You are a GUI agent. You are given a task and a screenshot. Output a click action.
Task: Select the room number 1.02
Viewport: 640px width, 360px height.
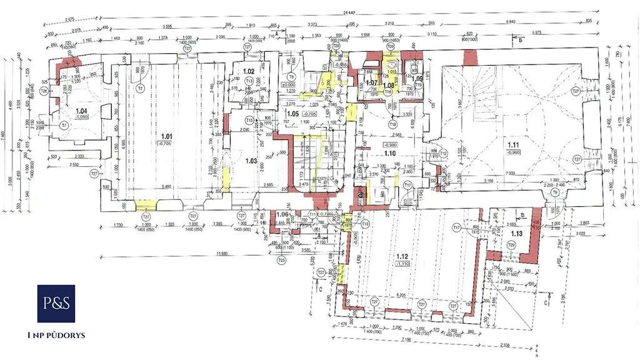coord(249,72)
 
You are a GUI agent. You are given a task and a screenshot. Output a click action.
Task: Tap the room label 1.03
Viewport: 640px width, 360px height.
coord(252,161)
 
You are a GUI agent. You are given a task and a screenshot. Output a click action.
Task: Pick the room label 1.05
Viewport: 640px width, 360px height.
coord(292,114)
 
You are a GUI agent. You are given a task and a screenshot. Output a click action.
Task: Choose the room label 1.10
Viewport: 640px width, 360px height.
coord(391,153)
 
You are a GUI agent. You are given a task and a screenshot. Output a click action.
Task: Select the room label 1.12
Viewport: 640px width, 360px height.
coord(402,257)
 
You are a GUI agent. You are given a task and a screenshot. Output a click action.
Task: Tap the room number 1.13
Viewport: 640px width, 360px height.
coord(517,234)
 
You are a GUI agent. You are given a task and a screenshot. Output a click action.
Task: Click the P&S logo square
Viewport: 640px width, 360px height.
coord(56,304)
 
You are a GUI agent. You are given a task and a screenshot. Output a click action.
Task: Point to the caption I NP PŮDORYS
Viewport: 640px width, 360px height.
coord(56,336)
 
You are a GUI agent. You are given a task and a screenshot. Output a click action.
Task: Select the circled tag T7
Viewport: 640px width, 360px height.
coord(63,125)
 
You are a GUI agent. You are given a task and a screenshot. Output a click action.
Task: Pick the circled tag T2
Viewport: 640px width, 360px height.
coord(140,89)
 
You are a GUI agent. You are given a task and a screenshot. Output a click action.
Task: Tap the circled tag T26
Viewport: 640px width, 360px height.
coord(44,91)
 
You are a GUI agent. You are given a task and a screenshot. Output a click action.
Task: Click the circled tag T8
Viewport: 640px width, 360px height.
coord(291,76)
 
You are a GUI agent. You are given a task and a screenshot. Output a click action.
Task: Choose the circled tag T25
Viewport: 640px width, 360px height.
coord(281,259)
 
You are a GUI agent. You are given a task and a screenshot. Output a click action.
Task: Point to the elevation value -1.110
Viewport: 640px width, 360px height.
coord(402,264)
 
